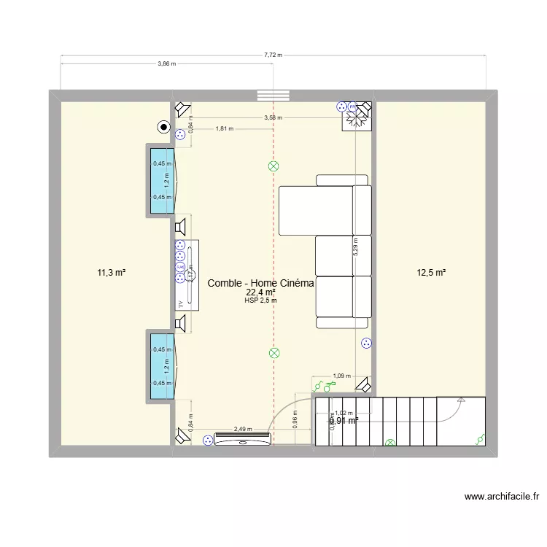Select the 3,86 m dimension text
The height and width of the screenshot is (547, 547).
point(167,64)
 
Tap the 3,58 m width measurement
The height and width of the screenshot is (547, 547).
point(273,117)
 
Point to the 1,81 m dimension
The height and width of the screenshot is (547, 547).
point(225,129)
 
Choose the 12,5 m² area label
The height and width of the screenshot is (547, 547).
point(430,273)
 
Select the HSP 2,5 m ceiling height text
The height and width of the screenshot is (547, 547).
point(260,300)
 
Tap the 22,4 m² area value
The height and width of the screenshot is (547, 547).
point(260,293)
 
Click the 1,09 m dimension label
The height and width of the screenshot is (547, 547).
point(341,376)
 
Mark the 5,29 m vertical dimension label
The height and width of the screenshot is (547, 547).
point(356,245)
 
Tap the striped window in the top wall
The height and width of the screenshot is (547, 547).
point(273,96)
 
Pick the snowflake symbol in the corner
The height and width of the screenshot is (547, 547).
point(357,122)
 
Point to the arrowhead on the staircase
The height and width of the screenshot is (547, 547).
point(461,400)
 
